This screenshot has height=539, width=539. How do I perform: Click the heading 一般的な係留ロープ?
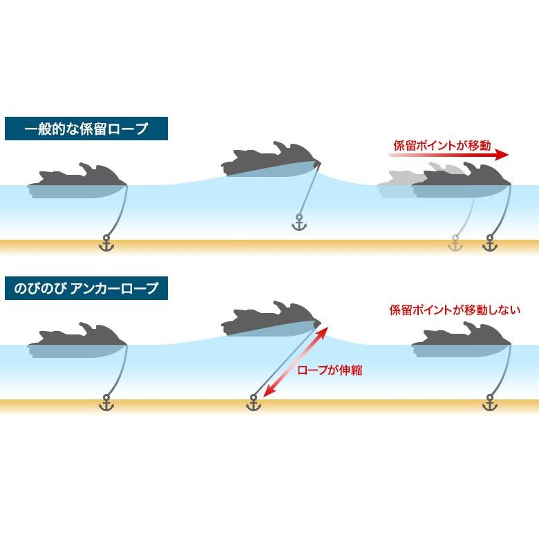(86, 129)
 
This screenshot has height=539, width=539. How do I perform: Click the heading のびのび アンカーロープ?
(86, 287)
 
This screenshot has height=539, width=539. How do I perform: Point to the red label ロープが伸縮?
(330, 370)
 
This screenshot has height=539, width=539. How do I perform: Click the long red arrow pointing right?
(449, 156)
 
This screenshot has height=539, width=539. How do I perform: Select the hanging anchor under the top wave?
(299, 223)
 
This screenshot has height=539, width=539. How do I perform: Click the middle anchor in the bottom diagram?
(254, 404)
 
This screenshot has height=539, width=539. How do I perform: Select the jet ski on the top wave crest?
(269, 162)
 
